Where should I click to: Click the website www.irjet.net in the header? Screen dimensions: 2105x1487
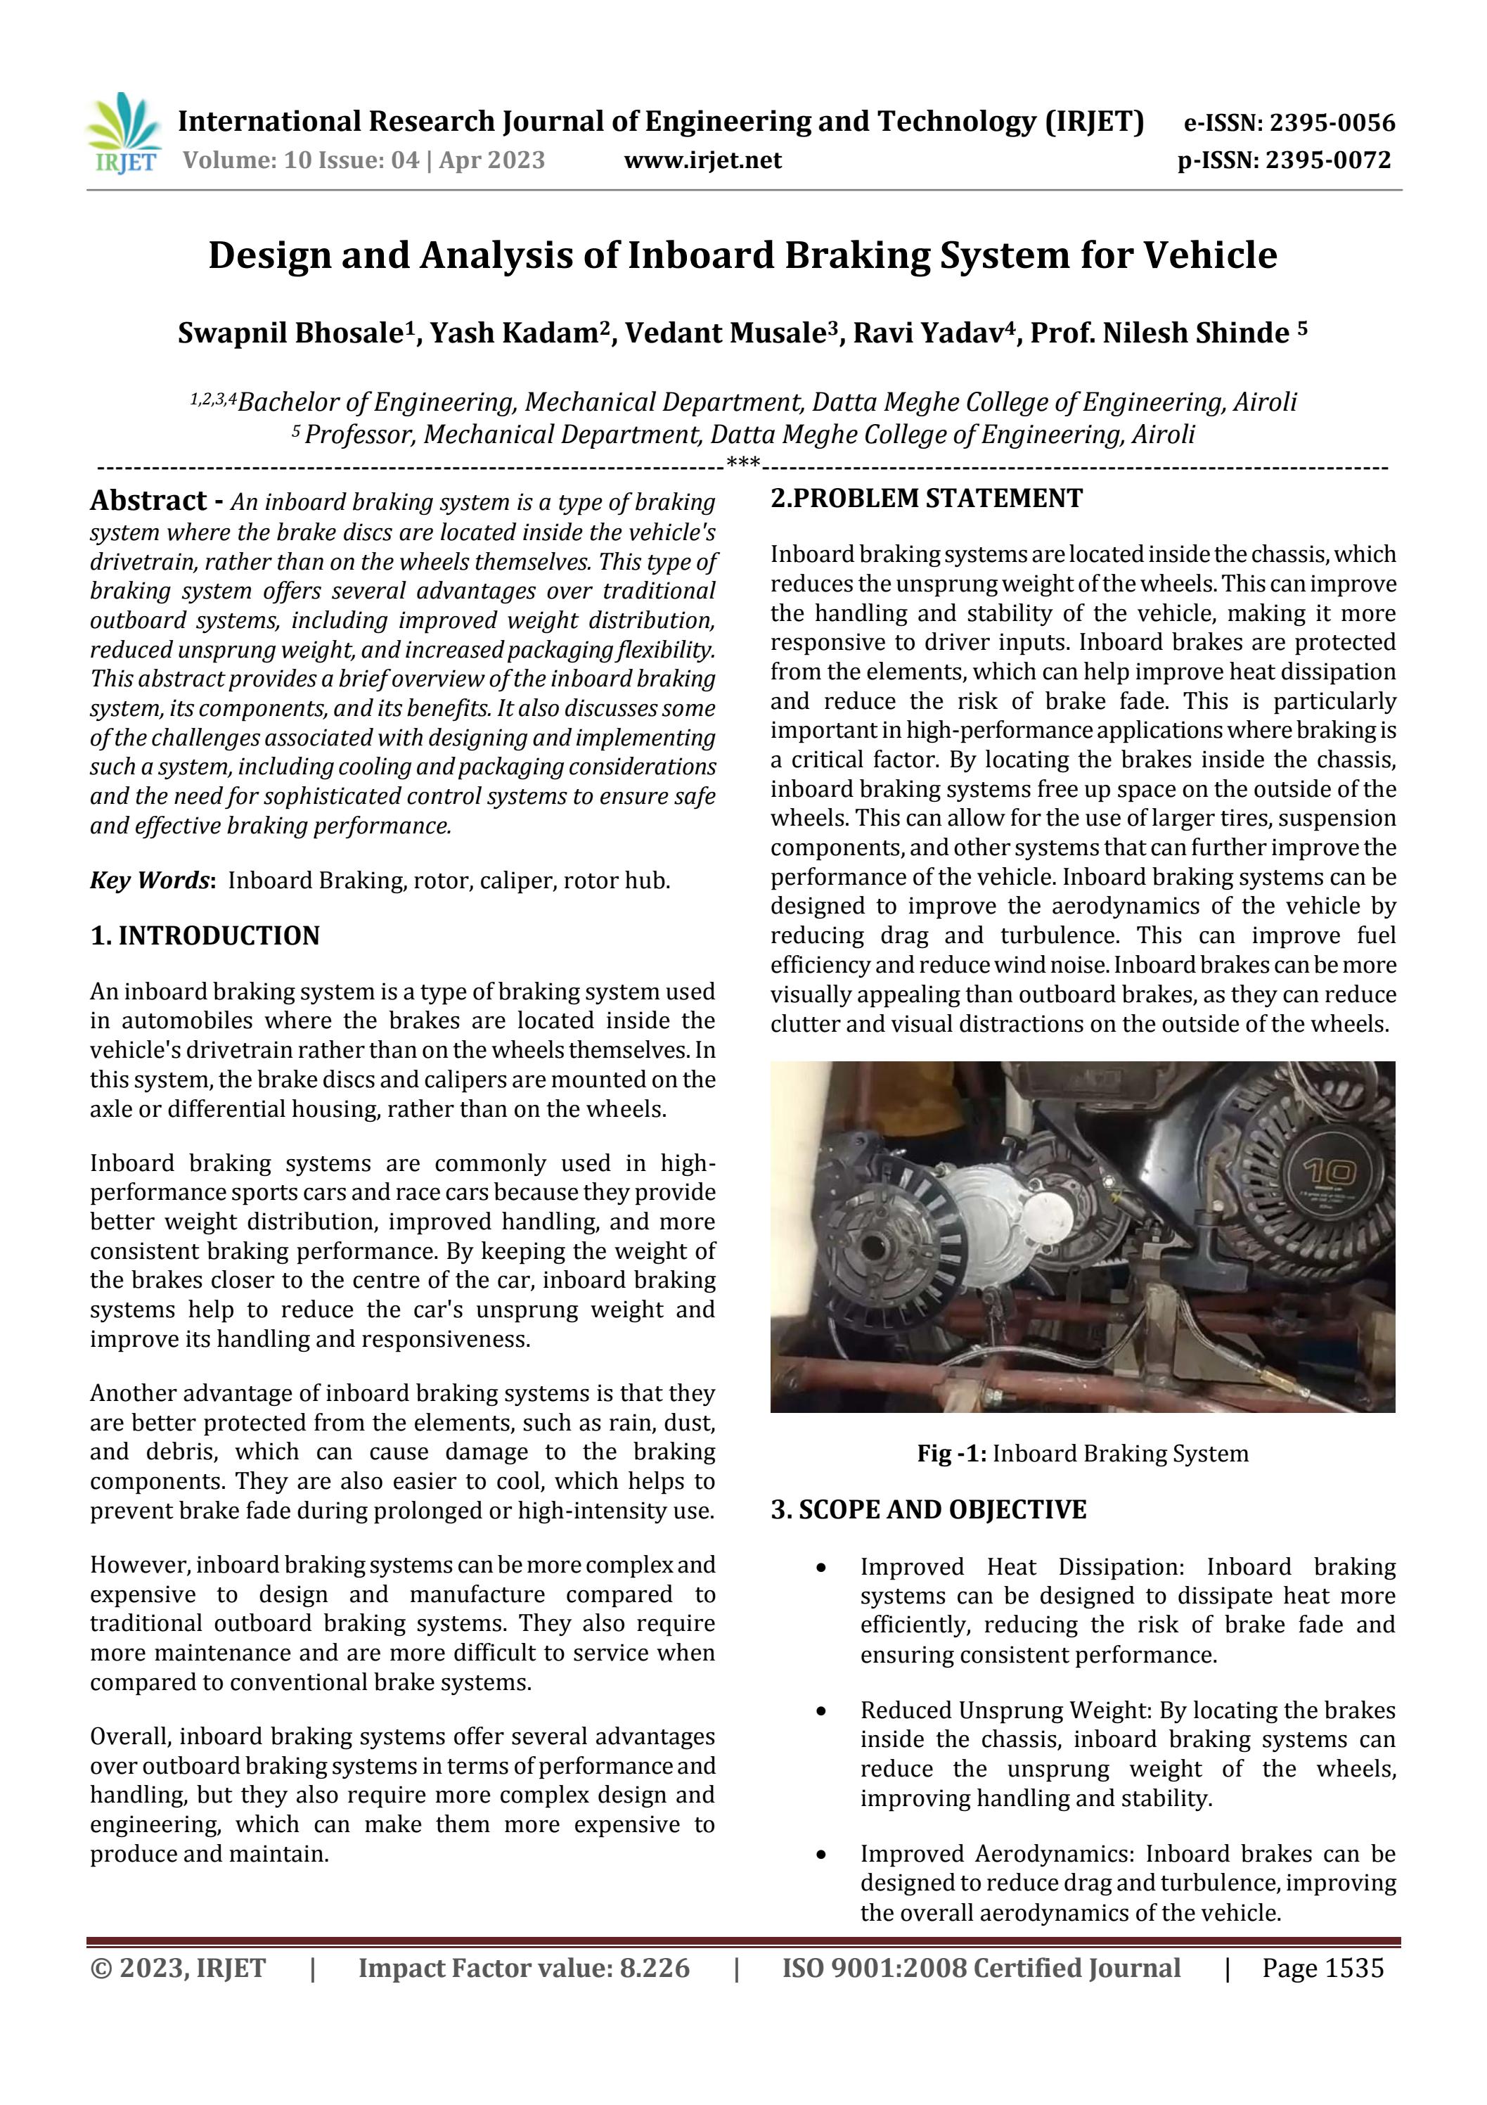pyautogui.click(x=702, y=160)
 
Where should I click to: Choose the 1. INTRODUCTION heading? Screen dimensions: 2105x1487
pyautogui.click(x=205, y=936)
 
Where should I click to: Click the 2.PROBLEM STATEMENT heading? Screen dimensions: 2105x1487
pyautogui.click(x=926, y=499)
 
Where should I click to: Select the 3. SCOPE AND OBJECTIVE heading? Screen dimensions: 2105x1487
pyautogui.click(x=928, y=1510)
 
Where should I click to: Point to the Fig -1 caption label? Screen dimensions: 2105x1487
pyautogui.click(x=951, y=1453)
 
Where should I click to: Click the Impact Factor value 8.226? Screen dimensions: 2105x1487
pyautogui.click(x=654, y=1969)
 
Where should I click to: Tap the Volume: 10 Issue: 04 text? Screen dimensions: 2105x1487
pyautogui.click(x=301, y=160)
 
